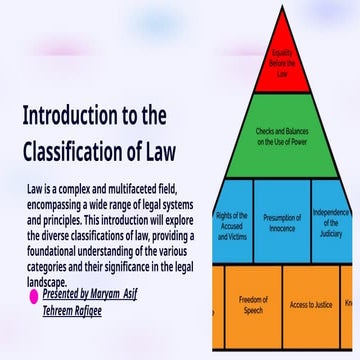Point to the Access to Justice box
[x=311, y=304]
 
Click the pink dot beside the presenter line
[x=34, y=297]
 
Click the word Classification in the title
[x=87, y=152]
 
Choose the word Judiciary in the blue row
[x=332, y=232]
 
